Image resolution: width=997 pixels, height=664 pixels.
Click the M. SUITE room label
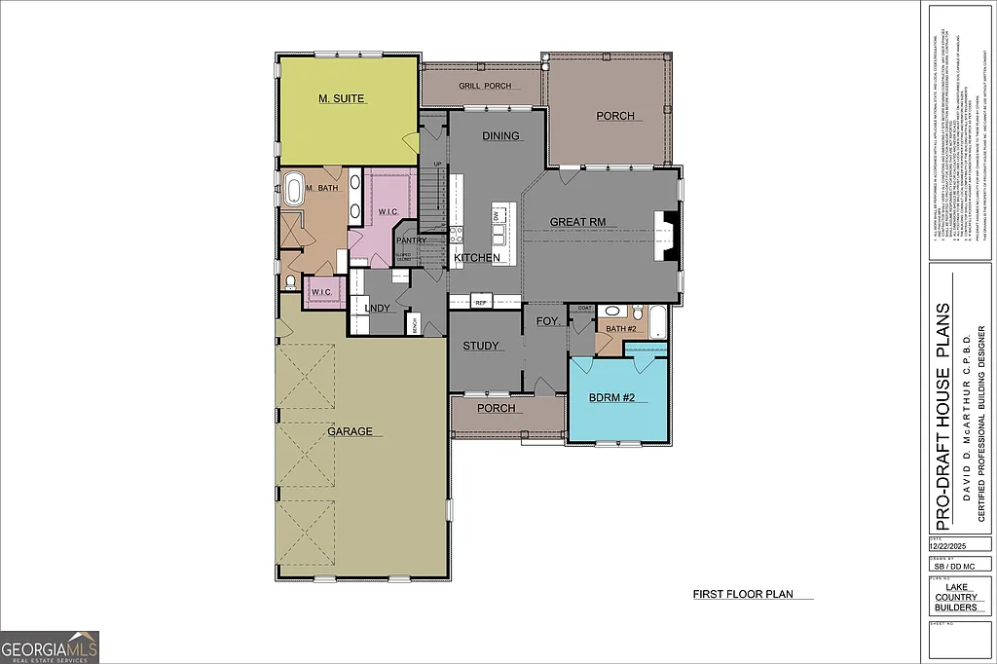[x=342, y=99]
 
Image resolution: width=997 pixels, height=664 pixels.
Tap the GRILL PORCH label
[x=485, y=86]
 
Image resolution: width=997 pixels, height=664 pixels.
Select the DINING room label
[x=500, y=136]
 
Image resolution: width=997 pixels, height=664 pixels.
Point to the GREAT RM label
[x=577, y=222]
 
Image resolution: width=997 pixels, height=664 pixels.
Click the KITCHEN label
[x=476, y=258]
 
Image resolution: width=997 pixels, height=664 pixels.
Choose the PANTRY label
[x=411, y=240]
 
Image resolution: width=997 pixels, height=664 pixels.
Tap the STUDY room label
[x=481, y=346]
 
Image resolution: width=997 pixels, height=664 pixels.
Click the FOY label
[x=546, y=320]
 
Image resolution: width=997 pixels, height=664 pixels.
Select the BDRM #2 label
[x=611, y=398]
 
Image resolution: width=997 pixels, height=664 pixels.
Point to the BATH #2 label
[x=620, y=329]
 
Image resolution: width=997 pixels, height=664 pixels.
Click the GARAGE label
[x=350, y=431]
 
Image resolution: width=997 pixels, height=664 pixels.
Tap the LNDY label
[x=377, y=309]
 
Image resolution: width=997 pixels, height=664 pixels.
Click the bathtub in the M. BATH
[x=293, y=187]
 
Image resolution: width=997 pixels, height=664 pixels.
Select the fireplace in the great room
[x=665, y=234]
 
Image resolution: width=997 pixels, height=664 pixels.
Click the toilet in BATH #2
[x=637, y=313]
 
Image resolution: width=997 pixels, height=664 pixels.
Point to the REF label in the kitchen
[x=480, y=303]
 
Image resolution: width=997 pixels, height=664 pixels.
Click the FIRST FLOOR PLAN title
[x=738, y=593]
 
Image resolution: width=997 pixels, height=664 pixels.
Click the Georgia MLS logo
[x=50, y=646]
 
